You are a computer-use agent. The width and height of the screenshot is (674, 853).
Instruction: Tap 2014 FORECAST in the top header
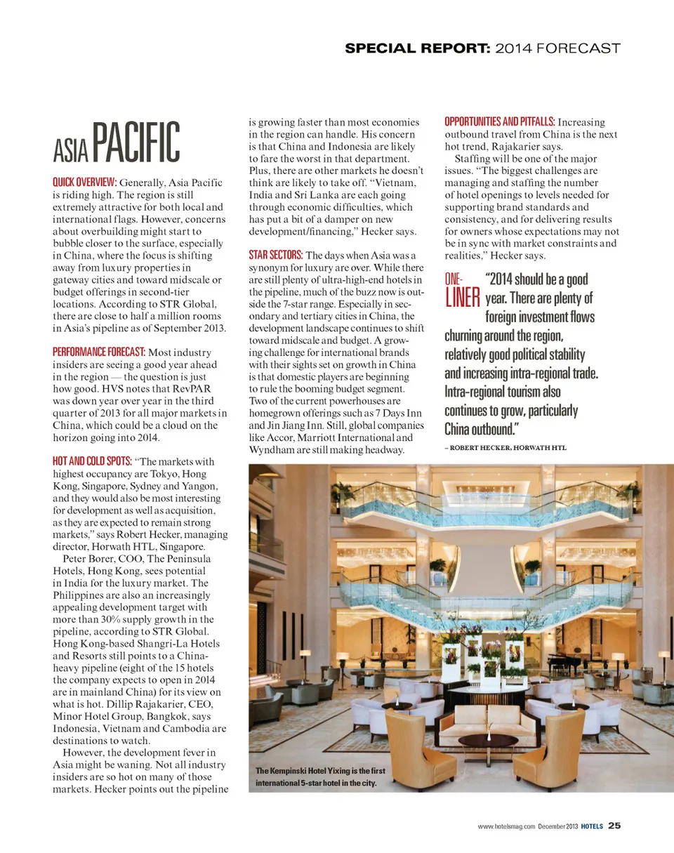pos(557,48)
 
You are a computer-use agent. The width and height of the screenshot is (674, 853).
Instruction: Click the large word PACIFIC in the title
pos(136,143)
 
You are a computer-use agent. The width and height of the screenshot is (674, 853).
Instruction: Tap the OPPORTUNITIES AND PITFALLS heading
pos(500,122)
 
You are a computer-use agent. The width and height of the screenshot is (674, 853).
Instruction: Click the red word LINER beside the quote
pos(462,298)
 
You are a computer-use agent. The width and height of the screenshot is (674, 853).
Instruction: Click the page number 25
pos(614,826)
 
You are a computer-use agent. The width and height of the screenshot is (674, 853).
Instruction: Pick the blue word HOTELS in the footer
pos(592,826)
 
